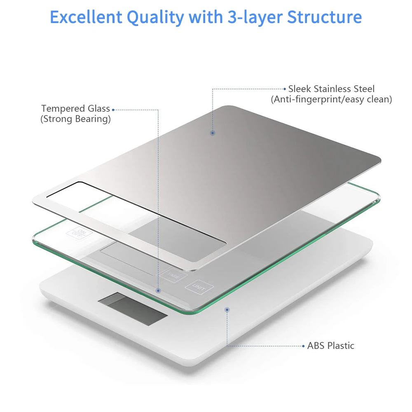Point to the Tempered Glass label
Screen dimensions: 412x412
[75, 109]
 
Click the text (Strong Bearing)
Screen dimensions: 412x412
[75, 119]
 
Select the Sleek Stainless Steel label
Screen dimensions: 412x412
[331, 89]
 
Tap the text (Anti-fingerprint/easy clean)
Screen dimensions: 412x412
[331, 99]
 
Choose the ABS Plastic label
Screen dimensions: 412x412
[331, 345]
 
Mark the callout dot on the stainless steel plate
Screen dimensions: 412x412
[213, 133]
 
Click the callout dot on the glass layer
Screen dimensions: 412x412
[158, 290]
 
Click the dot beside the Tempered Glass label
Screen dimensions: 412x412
[113, 110]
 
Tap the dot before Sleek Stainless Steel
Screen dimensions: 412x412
[284, 89]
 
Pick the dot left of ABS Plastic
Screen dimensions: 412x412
[304, 346]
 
